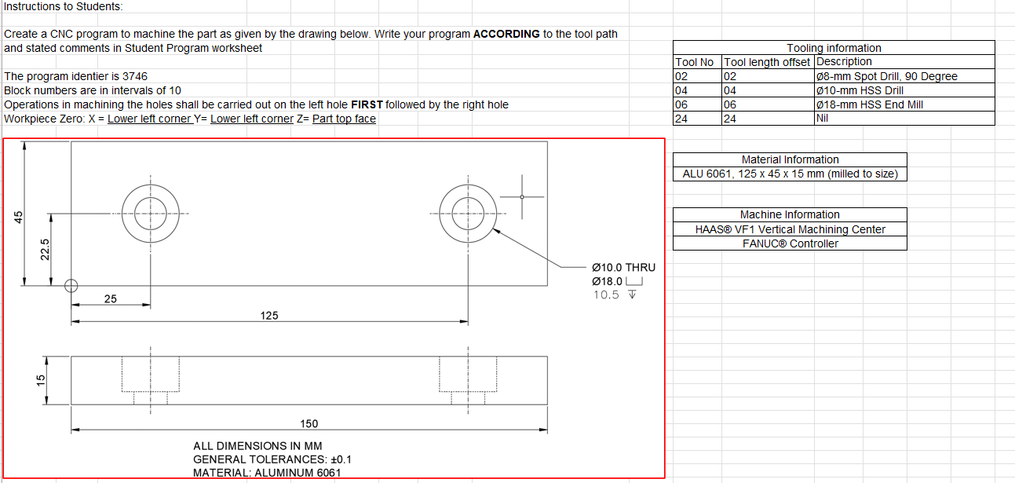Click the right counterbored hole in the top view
(468, 213)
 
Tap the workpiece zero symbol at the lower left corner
(71, 286)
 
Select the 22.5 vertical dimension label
(46, 249)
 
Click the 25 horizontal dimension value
(111, 299)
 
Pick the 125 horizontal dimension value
(268, 316)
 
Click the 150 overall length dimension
(309, 424)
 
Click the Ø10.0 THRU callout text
(623, 268)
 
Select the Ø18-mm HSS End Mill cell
(870, 104)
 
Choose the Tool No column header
(695, 62)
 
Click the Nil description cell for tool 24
(823, 119)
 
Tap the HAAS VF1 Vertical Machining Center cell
(790, 229)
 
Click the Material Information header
(790, 159)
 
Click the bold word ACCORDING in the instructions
(506, 34)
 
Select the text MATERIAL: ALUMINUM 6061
(267, 473)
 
